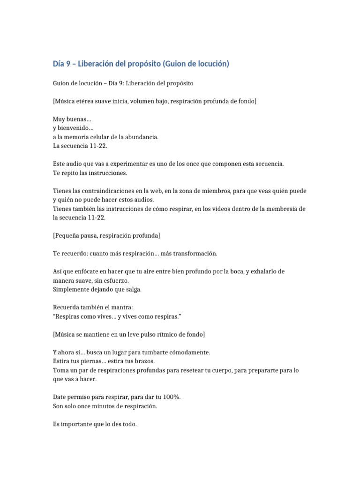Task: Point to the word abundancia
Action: [138, 137]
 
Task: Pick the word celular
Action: [102, 137]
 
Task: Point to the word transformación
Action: [195, 253]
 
